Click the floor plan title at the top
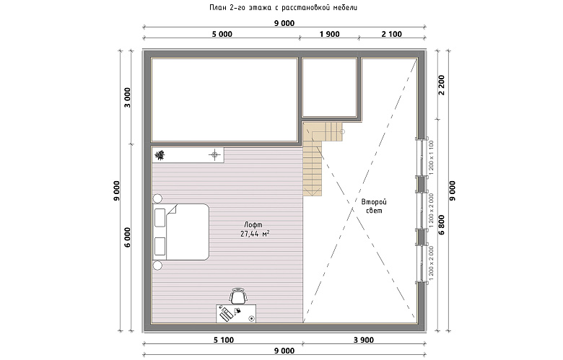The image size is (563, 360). pyautogui.click(x=283, y=7)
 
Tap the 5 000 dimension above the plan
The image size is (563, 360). pyautogui.click(x=222, y=34)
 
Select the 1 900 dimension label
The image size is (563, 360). pyautogui.click(x=329, y=34)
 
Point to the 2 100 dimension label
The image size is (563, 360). pyautogui.click(x=392, y=34)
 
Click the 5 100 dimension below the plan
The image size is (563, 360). pyautogui.click(x=223, y=340)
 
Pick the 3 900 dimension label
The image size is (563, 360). pyautogui.click(x=364, y=340)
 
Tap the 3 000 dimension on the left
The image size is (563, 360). pyautogui.click(x=128, y=97)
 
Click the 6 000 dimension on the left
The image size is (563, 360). pyautogui.click(x=128, y=237)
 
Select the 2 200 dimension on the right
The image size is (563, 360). pyautogui.click(x=442, y=84)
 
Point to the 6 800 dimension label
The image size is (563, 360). pyautogui.click(x=442, y=224)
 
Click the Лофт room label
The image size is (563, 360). pyautogui.click(x=253, y=224)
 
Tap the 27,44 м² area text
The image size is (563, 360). pyautogui.click(x=255, y=234)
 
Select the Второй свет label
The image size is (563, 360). pyautogui.click(x=374, y=206)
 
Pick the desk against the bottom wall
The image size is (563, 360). pyautogui.click(x=236, y=313)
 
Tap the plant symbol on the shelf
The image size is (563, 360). pyautogui.click(x=160, y=155)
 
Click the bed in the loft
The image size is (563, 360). pyautogui.click(x=180, y=232)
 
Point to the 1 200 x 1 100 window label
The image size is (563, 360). pyautogui.click(x=431, y=157)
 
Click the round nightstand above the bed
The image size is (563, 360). pyautogui.click(x=157, y=198)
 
